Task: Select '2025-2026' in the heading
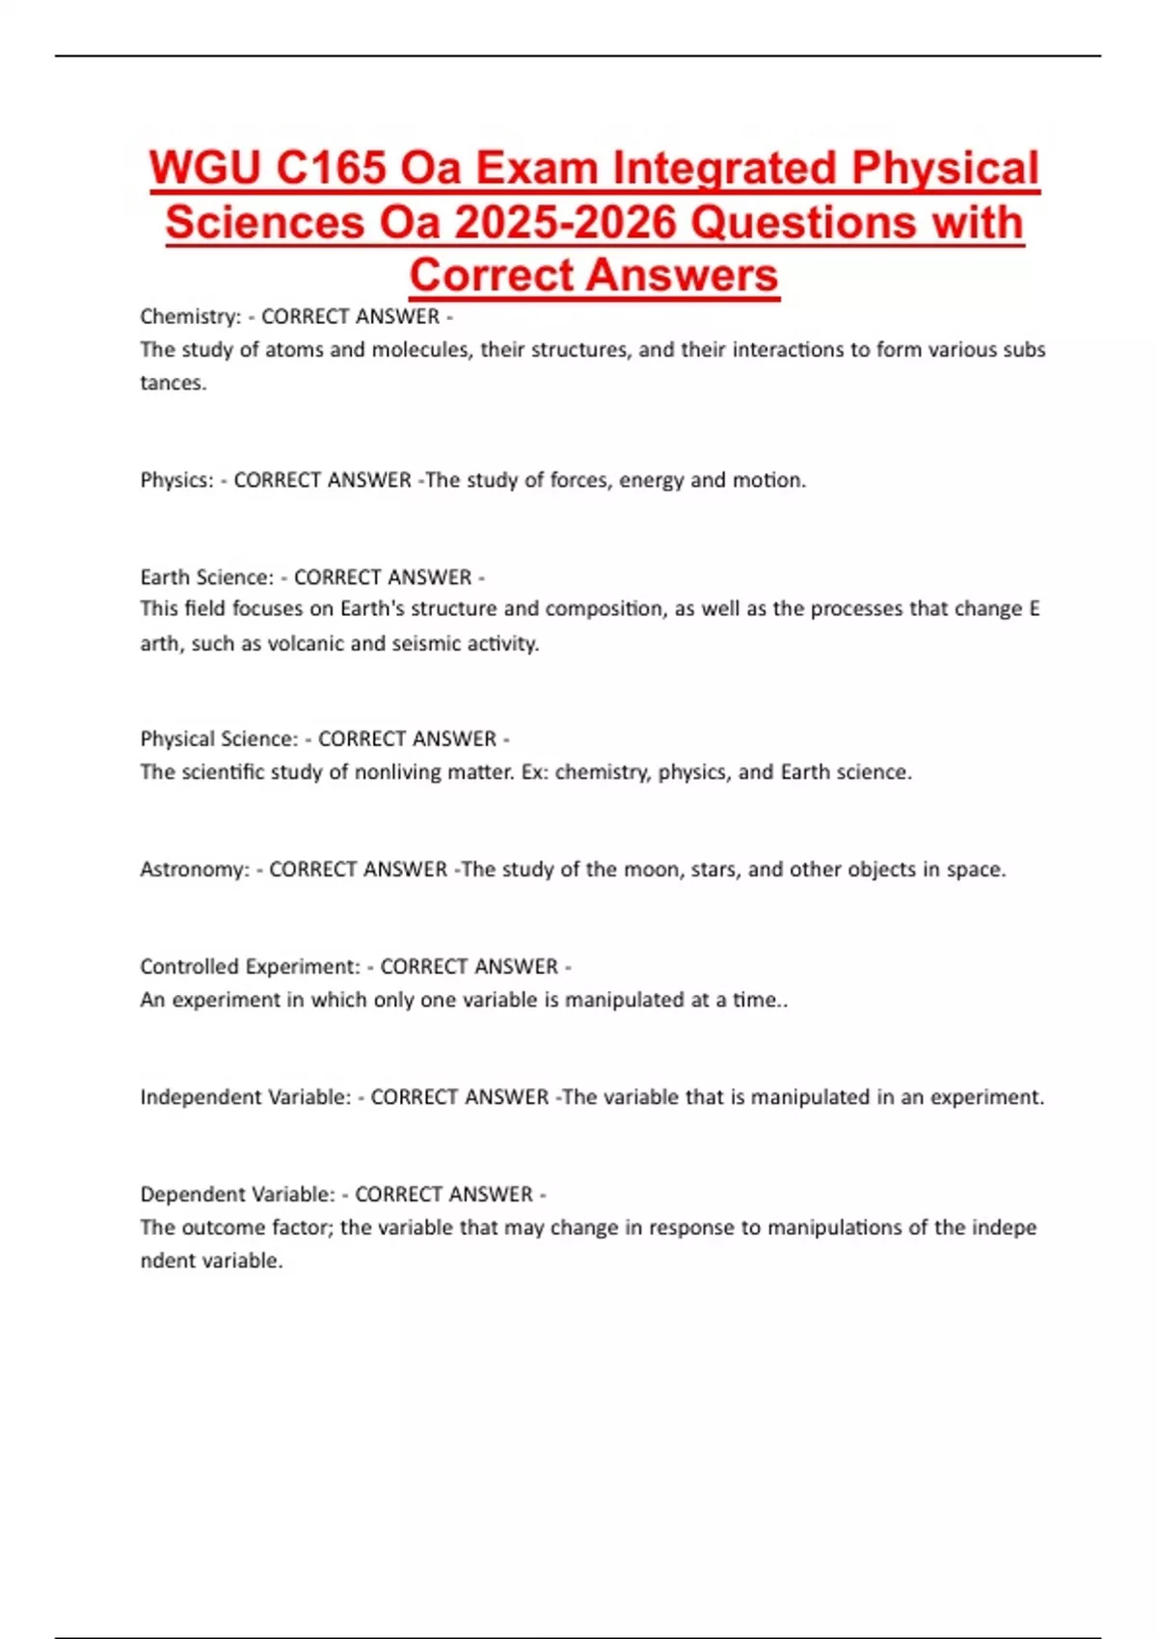(x=565, y=224)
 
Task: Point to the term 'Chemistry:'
(x=190, y=316)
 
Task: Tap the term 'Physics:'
(x=176, y=480)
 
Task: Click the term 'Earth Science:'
(x=207, y=578)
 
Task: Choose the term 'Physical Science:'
(x=219, y=739)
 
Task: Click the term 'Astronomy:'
(x=195, y=870)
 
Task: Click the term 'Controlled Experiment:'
(x=250, y=967)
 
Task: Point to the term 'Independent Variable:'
(x=245, y=1097)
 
